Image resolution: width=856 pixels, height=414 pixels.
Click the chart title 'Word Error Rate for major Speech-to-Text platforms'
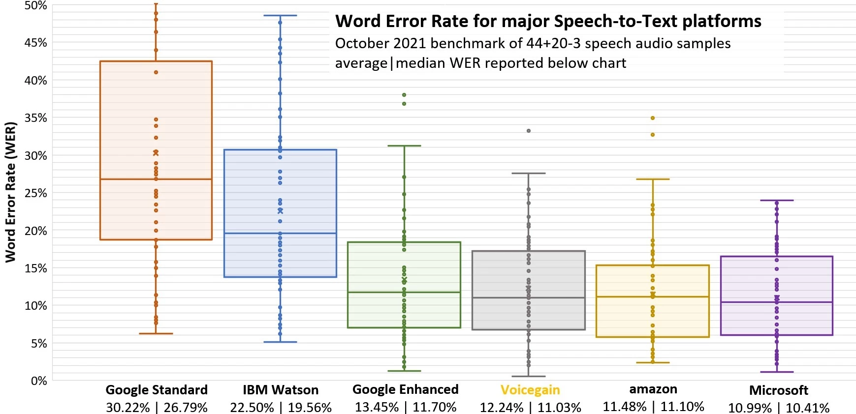[548, 21]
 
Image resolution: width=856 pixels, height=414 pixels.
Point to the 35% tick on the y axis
[35, 118]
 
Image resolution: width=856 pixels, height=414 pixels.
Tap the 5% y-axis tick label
[38, 344]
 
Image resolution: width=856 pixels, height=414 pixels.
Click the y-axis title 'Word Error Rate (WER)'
[10, 192]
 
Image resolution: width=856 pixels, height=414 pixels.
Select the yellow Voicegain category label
[530, 390]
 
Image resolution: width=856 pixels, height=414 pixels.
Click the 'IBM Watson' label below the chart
[281, 390]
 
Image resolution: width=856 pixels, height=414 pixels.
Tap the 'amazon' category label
[653, 389]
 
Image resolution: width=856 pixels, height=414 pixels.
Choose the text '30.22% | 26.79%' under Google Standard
[157, 408]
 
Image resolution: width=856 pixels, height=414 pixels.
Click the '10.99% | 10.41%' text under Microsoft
[779, 408]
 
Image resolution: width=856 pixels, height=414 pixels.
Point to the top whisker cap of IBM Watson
[280, 16]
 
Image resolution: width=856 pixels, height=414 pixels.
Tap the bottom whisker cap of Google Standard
[156, 333]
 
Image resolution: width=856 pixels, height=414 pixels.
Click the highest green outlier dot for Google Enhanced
[404, 95]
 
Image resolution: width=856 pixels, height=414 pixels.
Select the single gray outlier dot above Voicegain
[529, 131]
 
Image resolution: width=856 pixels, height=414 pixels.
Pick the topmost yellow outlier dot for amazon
[653, 118]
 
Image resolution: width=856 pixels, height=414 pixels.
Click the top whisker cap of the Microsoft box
[777, 200]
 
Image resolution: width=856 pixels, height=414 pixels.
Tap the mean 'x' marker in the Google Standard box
[156, 153]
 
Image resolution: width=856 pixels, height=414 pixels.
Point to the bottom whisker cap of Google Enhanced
[404, 371]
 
